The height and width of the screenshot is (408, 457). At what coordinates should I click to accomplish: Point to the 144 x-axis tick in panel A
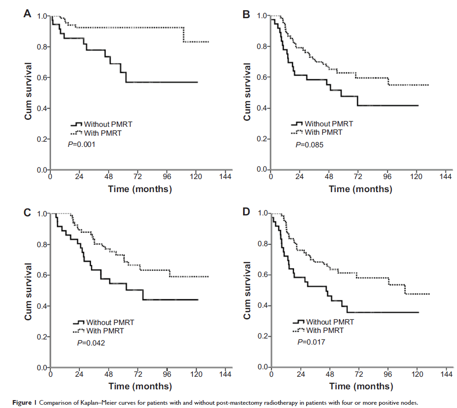click(x=225, y=177)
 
